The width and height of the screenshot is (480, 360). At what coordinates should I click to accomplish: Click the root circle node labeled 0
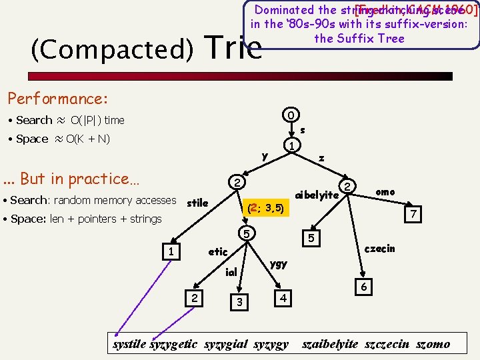click(x=290, y=114)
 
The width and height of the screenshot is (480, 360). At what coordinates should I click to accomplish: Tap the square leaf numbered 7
click(x=414, y=215)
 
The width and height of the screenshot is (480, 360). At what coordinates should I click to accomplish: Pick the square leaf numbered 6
click(x=363, y=286)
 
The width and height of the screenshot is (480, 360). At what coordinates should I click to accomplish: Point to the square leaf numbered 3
click(x=238, y=303)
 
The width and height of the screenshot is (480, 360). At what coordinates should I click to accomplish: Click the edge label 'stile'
click(x=197, y=202)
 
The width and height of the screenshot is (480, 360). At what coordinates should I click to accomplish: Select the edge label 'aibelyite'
click(x=317, y=195)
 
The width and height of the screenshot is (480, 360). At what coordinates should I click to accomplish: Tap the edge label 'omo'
click(x=385, y=192)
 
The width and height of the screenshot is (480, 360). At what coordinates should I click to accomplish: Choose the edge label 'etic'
click(x=218, y=252)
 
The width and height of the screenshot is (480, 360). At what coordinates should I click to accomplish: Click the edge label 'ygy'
click(x=279, y=263)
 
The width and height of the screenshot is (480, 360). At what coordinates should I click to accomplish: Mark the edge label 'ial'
click(x=231, y=272)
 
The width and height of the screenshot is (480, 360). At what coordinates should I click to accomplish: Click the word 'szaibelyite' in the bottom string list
click(x=330, y=345)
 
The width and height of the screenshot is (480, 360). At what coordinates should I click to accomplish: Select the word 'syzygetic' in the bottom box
click(x=173, y=345)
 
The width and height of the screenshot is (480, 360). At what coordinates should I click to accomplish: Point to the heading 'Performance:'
click(x=57, y=99)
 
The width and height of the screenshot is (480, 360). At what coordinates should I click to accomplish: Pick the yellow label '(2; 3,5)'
click(x=265, y=209)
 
